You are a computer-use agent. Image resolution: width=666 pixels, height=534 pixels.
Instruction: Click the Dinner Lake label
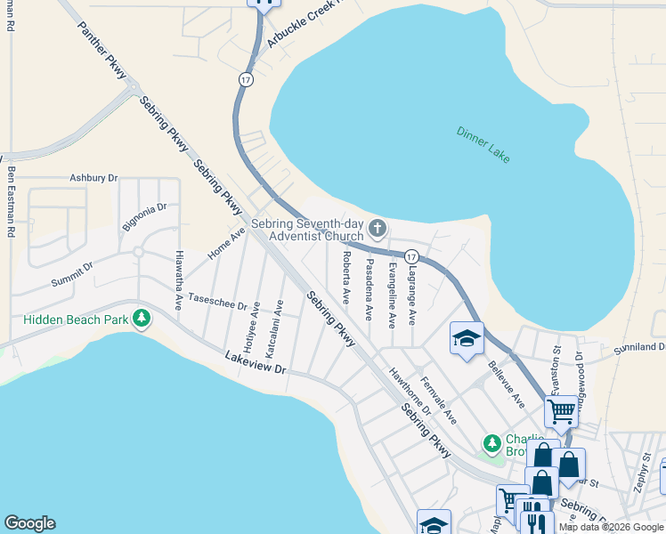click(x=483, y=143)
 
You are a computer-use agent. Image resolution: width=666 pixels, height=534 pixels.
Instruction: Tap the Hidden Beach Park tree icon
click(x=141, y=319)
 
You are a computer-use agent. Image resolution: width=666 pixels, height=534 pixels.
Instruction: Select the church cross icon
click(x=378, y=230)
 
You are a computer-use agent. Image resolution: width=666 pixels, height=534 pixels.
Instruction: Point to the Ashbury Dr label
click(x=93, y=178)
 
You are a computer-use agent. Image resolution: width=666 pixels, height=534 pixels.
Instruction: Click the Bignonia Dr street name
click(x=144, y=217)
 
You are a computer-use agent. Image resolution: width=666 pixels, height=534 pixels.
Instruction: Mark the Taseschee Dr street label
click(x=217, y=303)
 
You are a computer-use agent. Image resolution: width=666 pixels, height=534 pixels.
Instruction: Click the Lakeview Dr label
click(x=256, y=362)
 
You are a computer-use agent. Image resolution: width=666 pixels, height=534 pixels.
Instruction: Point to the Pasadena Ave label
click(x=369, y=289)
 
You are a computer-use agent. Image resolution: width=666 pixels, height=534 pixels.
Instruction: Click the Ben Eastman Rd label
click(x=12, y=203)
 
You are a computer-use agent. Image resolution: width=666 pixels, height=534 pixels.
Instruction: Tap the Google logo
click(x=29, y=523)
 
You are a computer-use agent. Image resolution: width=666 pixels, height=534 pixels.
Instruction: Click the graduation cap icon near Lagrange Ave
click(x=467, y=338)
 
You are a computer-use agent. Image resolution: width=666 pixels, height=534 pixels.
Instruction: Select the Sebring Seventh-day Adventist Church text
click(x=308, y=230)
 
